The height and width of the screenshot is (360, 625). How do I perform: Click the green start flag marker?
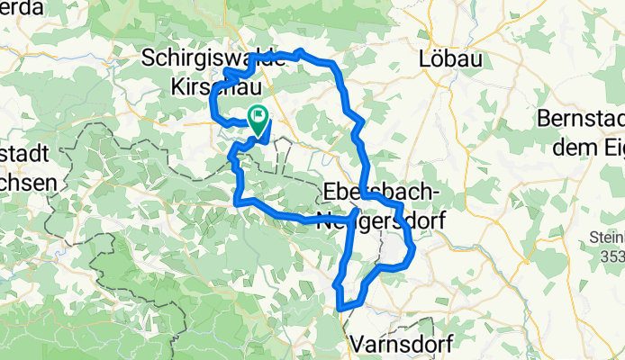(x=258, y=117)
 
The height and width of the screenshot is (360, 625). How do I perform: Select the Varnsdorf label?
(x=398, y=343)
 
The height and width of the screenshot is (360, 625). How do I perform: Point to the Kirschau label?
(x=213, y=85)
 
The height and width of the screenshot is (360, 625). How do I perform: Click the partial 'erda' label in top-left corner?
(x=24, y=6)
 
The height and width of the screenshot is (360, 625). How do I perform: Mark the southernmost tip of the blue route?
(x=342, y=310)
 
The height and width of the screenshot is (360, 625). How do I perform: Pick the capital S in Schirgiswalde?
(x=150, y=58)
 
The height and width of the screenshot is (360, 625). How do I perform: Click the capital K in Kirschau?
(x=177, y=85)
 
